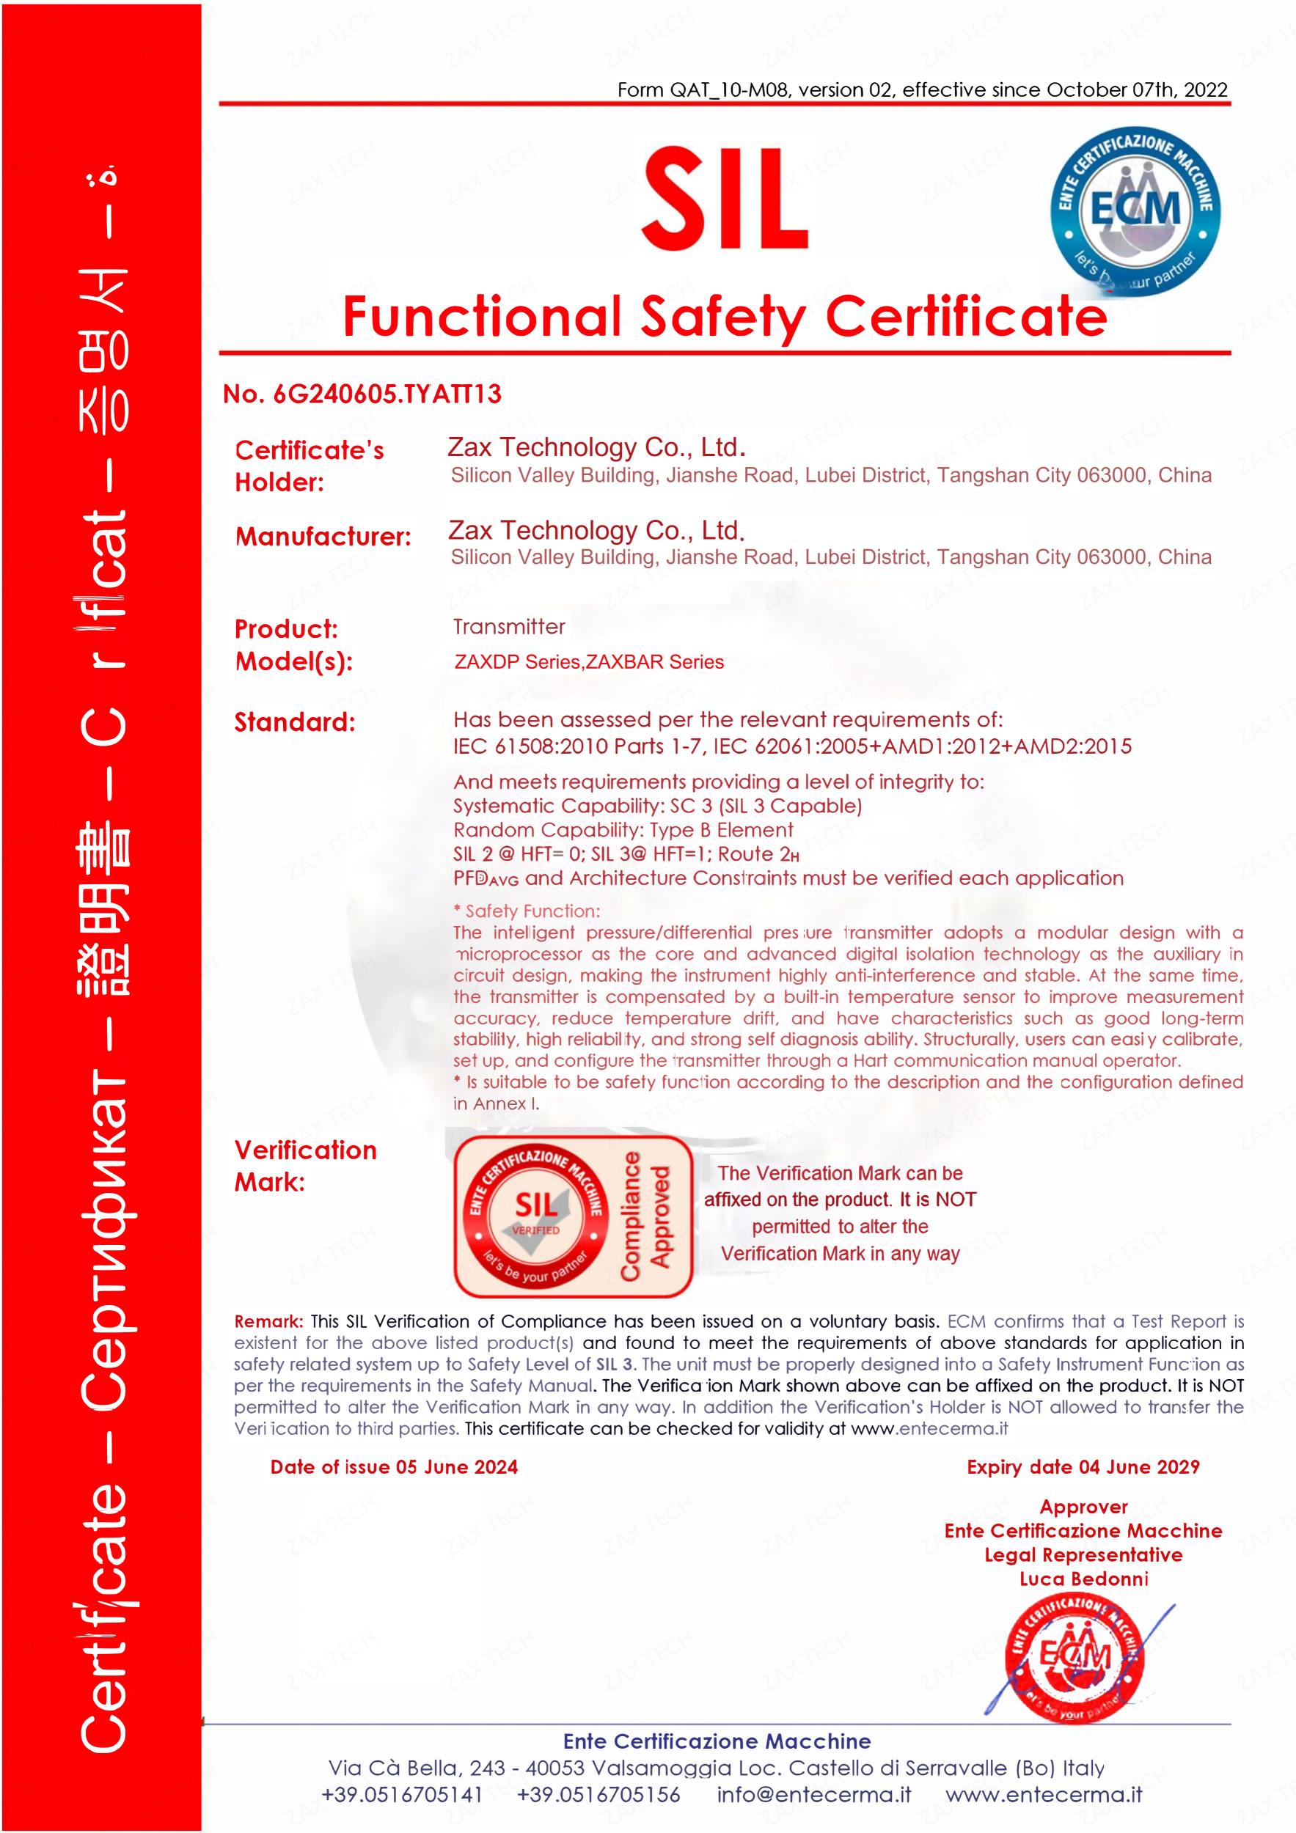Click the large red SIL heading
pos(725,199)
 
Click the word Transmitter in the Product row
pos(509,627)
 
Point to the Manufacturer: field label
pos(323,537)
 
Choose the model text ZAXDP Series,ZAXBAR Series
pos(588,662)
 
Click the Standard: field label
pos(295,721)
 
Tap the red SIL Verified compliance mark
pos(572,1216)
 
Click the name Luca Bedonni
pos(1083,1579)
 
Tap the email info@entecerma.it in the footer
pos(813,1794)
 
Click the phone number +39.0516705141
pos(402,1794)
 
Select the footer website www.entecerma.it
pos(1044,1794)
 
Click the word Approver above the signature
pos(1083,1507)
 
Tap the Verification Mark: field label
pos(305,1166)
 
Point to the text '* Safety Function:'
pos(527,911)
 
